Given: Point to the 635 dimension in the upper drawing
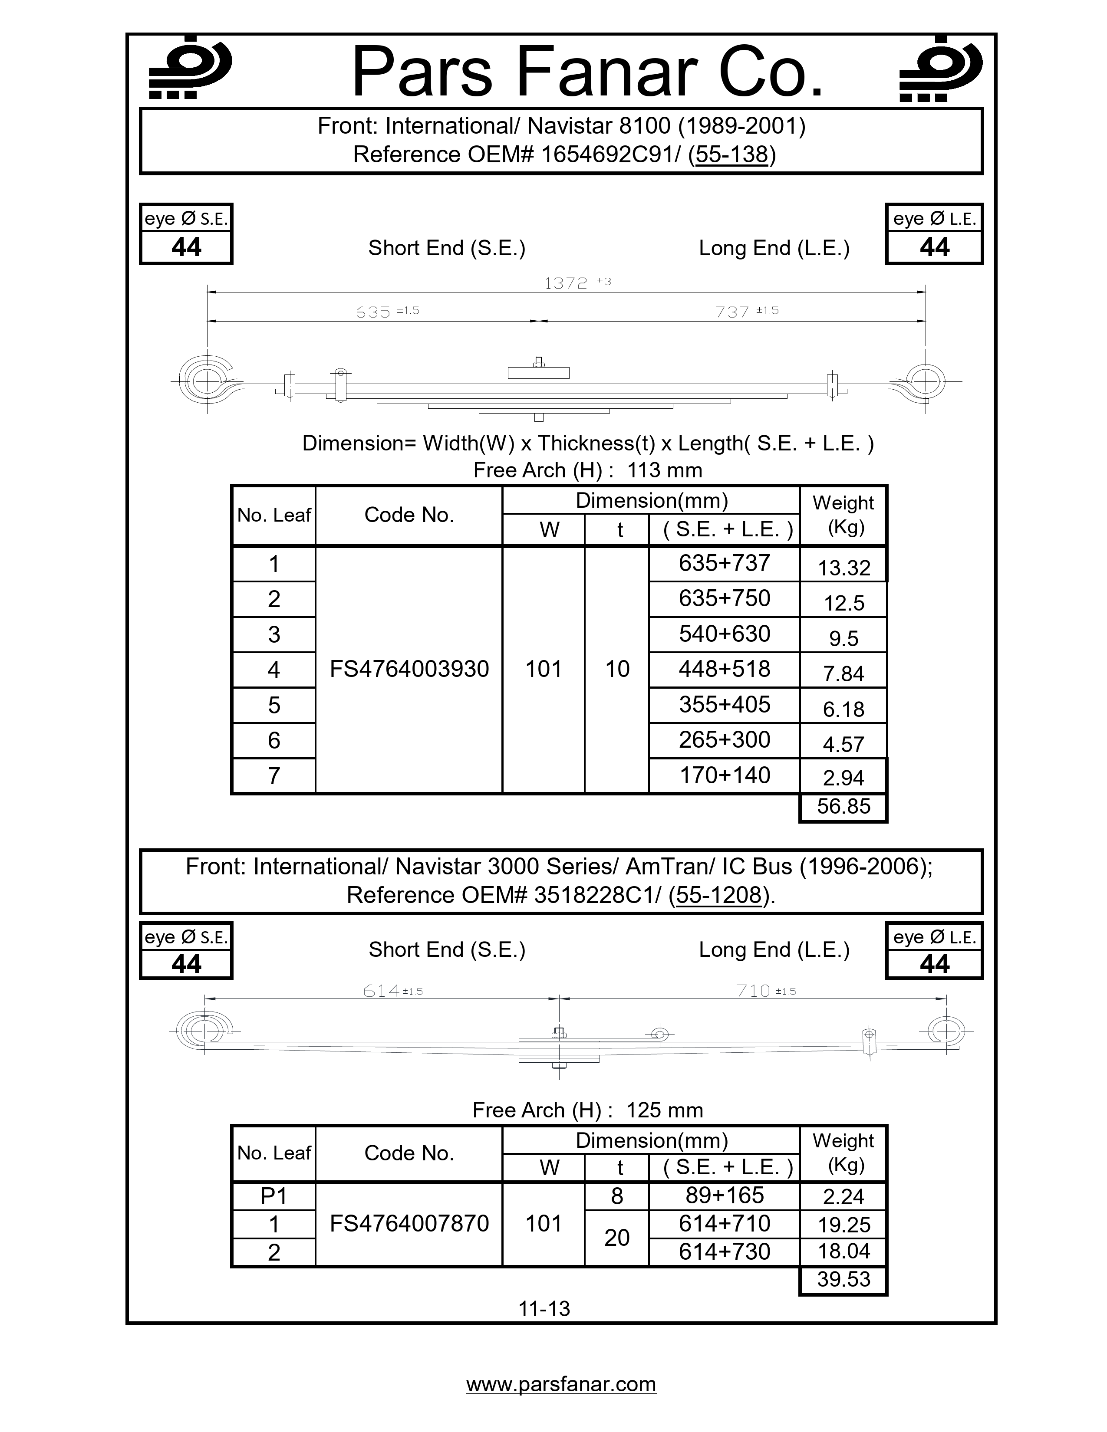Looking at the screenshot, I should (x=374, y=312).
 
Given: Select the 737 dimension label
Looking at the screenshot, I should (x=732, y=312).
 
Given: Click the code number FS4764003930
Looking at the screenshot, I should (x=409, y=670).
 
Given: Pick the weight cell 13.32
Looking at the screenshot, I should (x=843, y=568).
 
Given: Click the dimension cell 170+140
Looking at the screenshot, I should (x=724, y=776).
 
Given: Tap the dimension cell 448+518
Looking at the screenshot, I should (x=724, y=670).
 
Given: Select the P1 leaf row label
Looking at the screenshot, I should (x=273, y=1197).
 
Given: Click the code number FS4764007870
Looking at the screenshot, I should (x=409, y=1224).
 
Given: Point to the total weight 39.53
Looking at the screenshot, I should (x=843, y=1279).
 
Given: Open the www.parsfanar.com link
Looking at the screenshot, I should (x=561, y=1384).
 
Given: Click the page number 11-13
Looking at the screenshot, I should (x=544, y=1309).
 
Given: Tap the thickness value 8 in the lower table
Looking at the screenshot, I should (x=616, y=1197).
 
